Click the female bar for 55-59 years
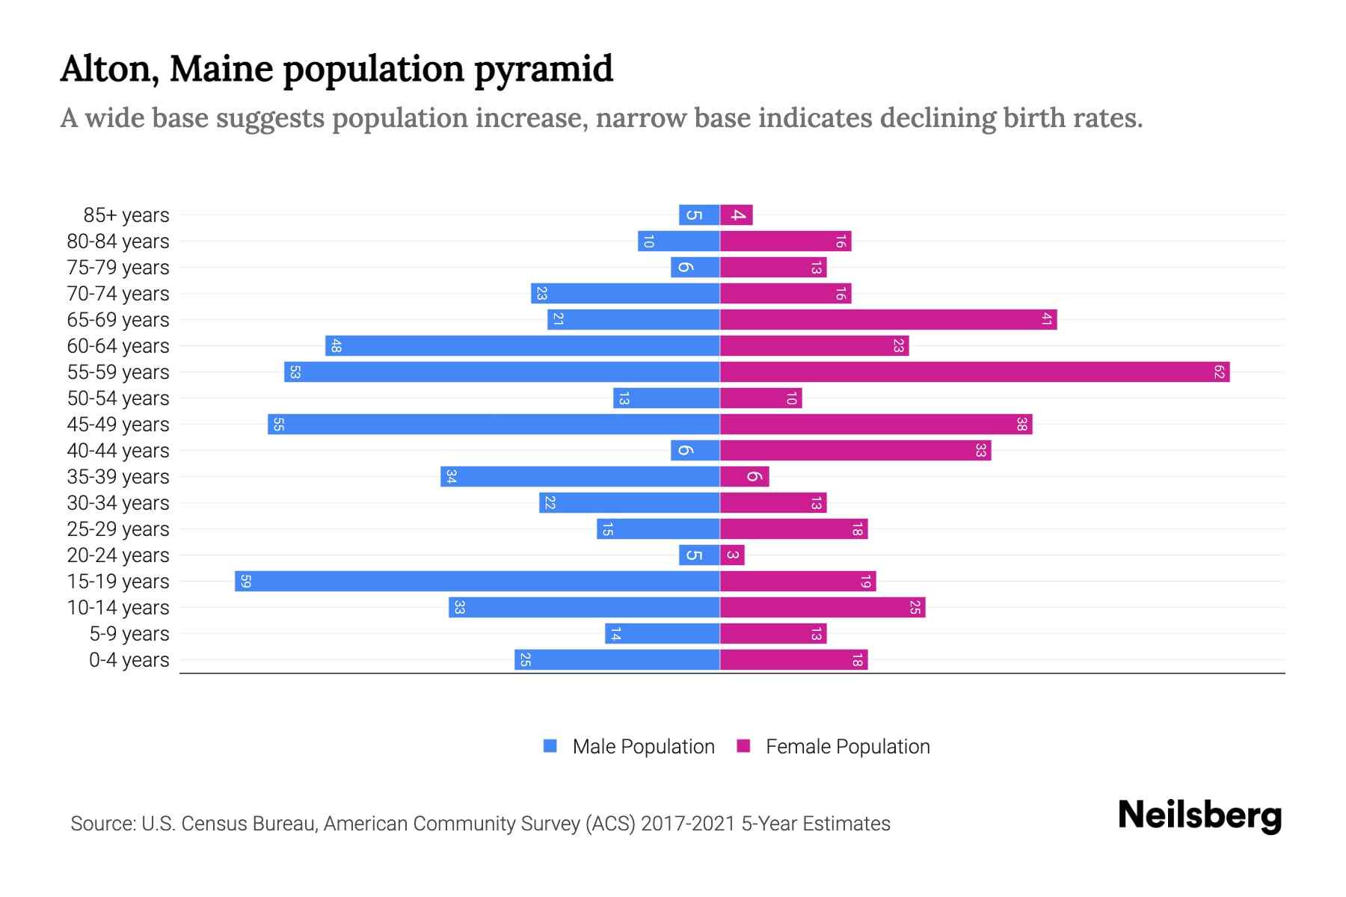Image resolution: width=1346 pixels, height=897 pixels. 974,372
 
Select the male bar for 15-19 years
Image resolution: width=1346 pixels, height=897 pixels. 477,581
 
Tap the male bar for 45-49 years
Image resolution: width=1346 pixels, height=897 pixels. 494,424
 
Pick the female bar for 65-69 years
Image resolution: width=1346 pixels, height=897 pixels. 888,319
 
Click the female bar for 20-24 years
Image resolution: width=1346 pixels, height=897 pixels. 732,555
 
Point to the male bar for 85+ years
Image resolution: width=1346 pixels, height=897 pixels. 699,215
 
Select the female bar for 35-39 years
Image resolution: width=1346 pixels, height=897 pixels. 744,476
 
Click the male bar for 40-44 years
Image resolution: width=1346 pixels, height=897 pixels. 695,450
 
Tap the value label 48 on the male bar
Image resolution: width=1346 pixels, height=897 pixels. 336,345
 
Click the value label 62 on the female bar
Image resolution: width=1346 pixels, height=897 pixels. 1219,372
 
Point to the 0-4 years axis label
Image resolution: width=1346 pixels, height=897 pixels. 129,660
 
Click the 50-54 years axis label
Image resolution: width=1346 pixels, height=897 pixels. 118,398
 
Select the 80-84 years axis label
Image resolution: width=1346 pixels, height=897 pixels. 118,241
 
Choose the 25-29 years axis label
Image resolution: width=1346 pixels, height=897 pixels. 118,529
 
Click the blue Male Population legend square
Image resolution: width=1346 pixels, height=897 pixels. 550,746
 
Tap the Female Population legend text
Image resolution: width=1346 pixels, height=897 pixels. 847,746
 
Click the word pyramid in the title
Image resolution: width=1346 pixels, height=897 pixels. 544,69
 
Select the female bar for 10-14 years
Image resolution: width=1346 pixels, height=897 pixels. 823,607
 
